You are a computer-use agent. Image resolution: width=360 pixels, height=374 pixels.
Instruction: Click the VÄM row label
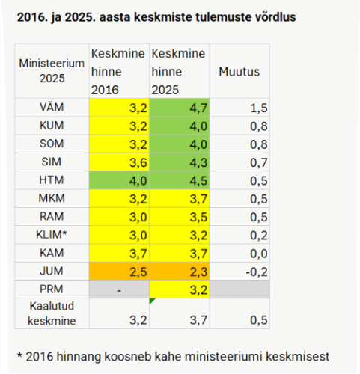coord(52,107)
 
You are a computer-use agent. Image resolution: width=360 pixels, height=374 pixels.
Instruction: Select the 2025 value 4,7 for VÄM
coord(198,108)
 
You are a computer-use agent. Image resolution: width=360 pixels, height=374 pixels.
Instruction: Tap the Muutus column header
coord(240,72)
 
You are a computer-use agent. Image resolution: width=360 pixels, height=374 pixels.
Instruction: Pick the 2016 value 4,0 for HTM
coord(138,181)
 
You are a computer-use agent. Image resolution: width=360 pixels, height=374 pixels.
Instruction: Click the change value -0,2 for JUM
coord(257,272)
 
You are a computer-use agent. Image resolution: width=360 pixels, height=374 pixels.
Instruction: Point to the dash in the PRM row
coord(119,290)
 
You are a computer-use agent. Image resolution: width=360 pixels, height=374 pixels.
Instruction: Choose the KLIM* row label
coord(52,235)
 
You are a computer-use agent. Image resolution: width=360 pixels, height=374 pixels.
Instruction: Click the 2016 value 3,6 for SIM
coord(138,162)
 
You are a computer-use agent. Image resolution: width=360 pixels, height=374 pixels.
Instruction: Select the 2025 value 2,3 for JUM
coord(198,272)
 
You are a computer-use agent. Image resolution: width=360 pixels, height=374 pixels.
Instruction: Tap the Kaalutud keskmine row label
coord(52,313)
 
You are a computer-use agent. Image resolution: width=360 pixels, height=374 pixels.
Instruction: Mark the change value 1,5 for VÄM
coord(259,108)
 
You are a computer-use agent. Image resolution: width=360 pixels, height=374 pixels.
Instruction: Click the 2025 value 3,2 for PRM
coord(198,290)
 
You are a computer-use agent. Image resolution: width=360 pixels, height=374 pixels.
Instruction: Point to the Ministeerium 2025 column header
coord(52,71)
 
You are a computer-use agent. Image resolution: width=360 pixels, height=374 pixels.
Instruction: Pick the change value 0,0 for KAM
coord(259,254)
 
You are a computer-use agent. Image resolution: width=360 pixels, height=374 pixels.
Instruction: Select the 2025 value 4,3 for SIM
coord(198,162)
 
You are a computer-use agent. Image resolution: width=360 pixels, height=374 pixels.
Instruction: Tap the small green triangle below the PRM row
coord(151,301)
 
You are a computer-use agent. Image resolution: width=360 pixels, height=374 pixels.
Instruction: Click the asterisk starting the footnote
coord(19,355)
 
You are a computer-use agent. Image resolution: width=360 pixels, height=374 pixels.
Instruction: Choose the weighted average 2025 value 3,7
coord(198,320)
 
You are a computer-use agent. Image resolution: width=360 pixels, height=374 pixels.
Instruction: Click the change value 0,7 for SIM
coord(259,162)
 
